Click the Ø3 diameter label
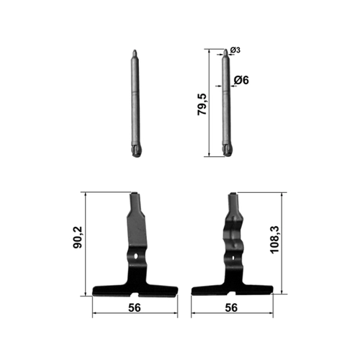[x=235, y=50]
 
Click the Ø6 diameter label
[x=241, y=80]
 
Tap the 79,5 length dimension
[x=202, y=104]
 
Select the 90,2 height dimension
[x=78, y=237]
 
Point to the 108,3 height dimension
[x=275, y=240]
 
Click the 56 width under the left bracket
[x=135, y=307]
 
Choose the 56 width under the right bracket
[x=231, y=307]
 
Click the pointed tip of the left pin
[x=135, y=50]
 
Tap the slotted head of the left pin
[x=137, y=150]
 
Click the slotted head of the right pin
[x=228, y=150]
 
